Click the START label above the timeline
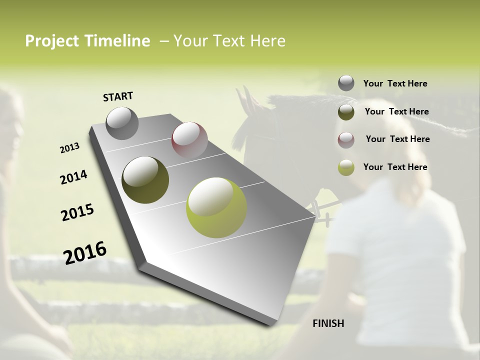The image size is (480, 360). click(118, 96)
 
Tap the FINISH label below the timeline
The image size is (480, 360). click(328, 323)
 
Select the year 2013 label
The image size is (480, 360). click(70, 148)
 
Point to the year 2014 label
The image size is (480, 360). click(74, 177)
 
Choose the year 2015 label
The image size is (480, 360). click(77, 212)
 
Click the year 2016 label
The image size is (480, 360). click(85, 253)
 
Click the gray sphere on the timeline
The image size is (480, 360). click(122, 123)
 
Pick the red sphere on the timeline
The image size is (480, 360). click(189, 140)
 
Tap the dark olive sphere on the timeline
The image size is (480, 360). click(145, 180)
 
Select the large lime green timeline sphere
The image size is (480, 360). click(216, 207)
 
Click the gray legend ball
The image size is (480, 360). click(346, 83)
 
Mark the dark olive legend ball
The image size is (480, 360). click(346, 112)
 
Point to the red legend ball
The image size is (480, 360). click(346, 140)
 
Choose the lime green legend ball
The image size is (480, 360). click(346, 167)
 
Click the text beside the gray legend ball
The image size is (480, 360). click(395, 83)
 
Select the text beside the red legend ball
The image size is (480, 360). click(397, 139)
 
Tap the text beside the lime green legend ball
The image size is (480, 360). click(395, 167)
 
